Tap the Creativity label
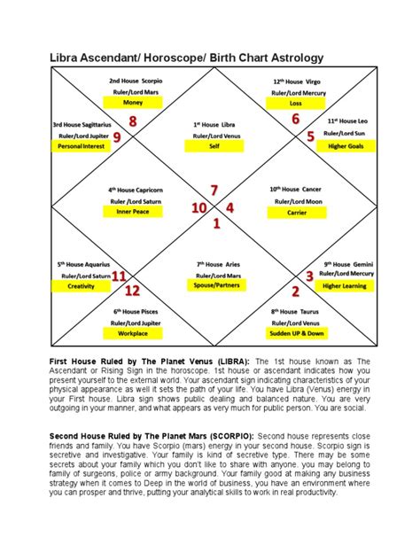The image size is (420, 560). coord(82,286)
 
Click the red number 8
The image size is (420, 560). coord(133,121)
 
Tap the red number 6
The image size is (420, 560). coord(295,119)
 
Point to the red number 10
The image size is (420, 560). coord(200,207)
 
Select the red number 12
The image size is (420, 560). coord(132,290)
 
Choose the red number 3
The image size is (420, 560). coord(309,276)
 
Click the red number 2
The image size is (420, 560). coord(295,291)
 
